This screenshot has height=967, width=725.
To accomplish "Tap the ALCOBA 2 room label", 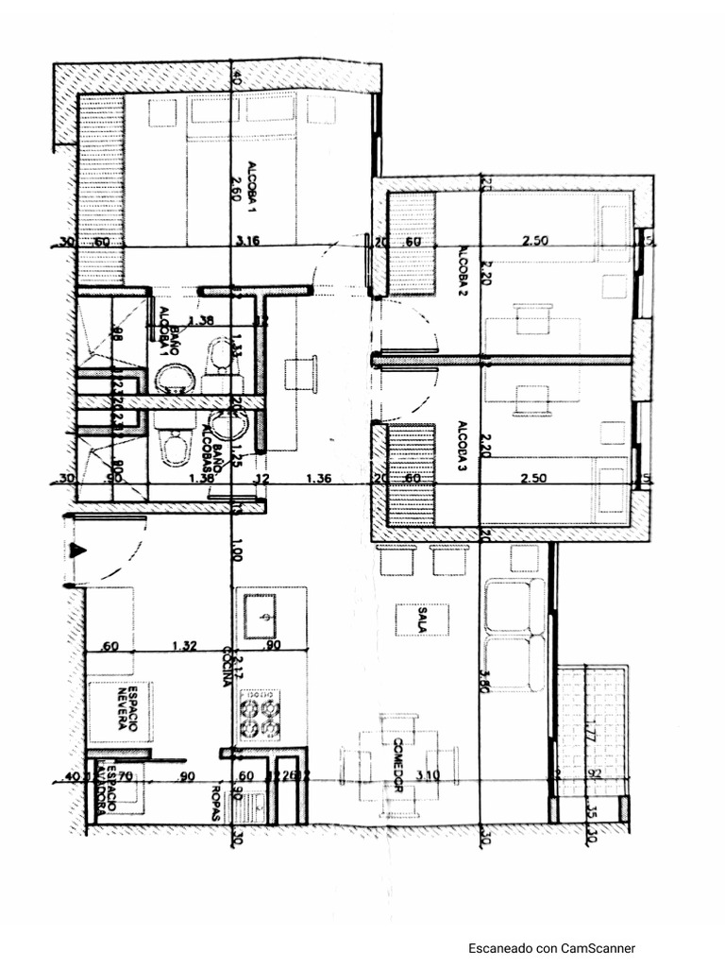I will pyautogui.click(x=464, y=271).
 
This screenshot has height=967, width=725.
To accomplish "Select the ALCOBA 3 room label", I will pyautogui.click(x=464, y=440).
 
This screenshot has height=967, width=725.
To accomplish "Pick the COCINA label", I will pyautogui.click(x=228, y=667).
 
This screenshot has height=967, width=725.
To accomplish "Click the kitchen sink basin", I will pyautogui.click(x=261, y=618).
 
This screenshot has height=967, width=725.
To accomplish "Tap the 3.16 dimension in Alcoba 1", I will pyautogui.click(x=248, y=241).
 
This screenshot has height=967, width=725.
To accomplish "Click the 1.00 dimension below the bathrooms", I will pyautogui.click(x=236, y=550).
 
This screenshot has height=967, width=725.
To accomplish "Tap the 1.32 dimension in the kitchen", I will pyautogui.click(x=184, y=646).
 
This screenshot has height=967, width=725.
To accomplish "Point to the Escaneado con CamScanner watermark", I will pyautogui.click(x=552, y=948).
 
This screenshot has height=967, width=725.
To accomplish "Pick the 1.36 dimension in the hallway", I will pyautogui.click(x=319, y=479).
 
